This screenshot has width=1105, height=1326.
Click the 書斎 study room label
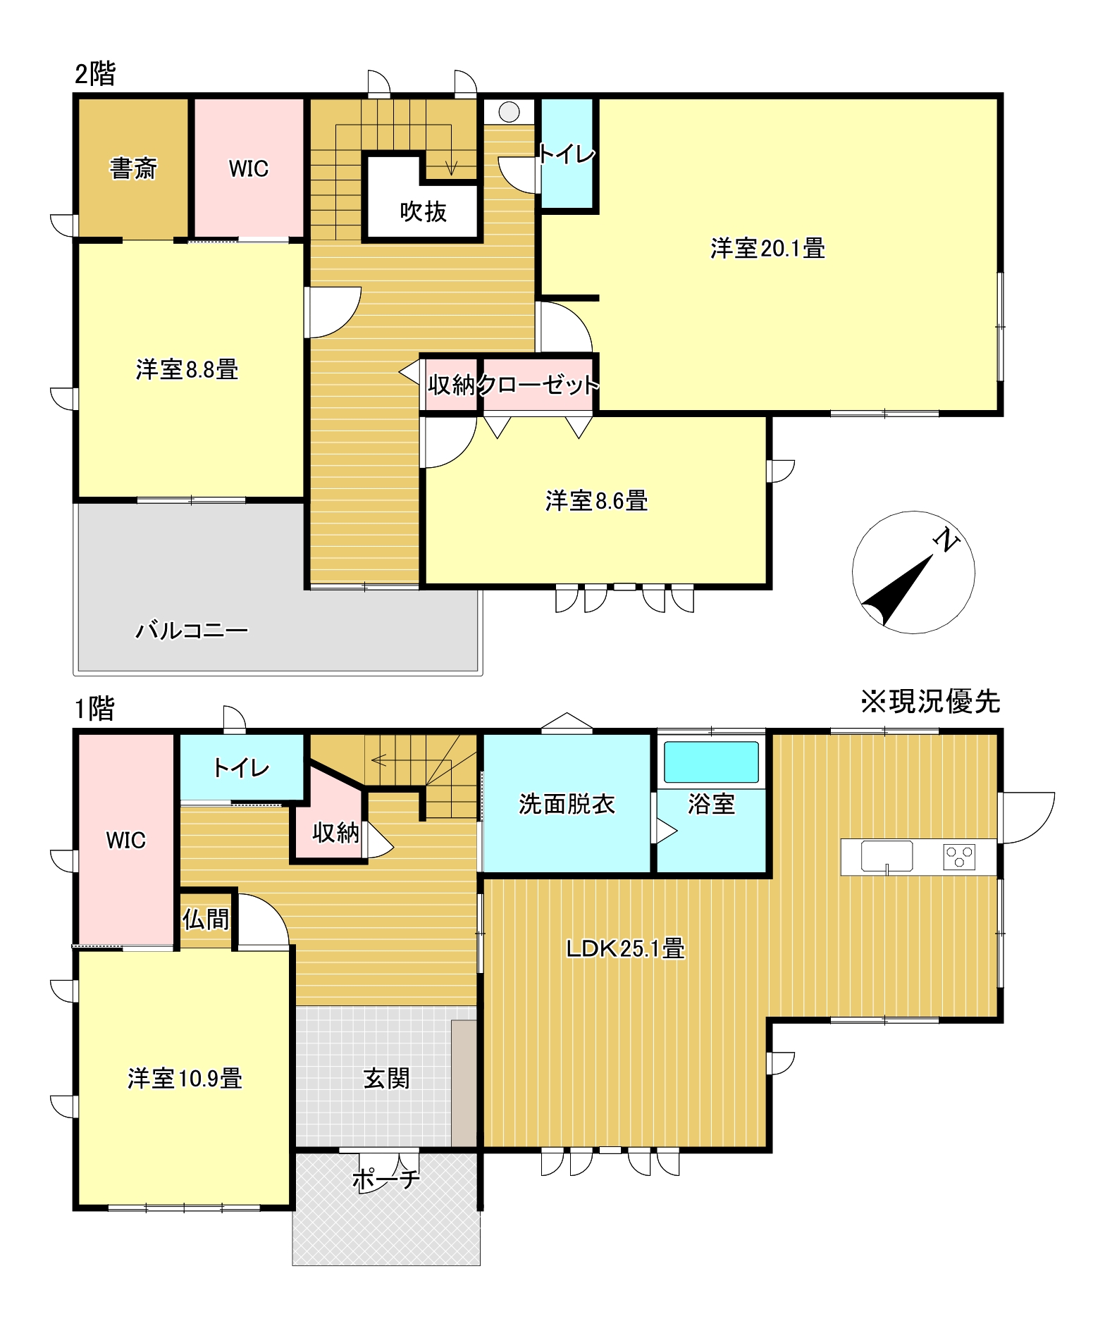coord(133,168)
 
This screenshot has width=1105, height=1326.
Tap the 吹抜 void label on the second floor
coord(423,211)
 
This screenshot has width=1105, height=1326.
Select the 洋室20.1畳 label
coord(767,249)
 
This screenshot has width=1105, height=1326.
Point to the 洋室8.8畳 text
coord(187,369)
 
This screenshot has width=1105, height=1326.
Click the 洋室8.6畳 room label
coord(596,501)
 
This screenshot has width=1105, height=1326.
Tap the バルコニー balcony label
coord(192,630)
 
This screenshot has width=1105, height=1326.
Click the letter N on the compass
coord(946,540)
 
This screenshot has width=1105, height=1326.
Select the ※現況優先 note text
coord(930,701)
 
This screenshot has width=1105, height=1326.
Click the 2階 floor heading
coord(95,73)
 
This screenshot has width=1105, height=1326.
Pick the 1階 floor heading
coord(94,709)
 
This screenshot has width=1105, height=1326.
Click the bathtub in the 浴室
coord(712,762)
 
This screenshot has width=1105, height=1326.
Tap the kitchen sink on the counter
coord(887,857)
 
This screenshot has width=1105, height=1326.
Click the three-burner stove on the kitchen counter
coord(959,857)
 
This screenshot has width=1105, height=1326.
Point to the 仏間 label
coord(206,919)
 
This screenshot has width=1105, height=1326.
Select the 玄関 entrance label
coord(386,1079)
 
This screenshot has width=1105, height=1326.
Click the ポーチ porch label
coord(386,1179)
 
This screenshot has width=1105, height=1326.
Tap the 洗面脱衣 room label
coord(567,804)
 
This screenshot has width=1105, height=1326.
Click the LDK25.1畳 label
coord(625,949)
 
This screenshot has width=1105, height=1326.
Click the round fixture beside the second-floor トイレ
coord(509,112)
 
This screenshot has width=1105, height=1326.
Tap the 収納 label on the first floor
coord(335,833)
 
